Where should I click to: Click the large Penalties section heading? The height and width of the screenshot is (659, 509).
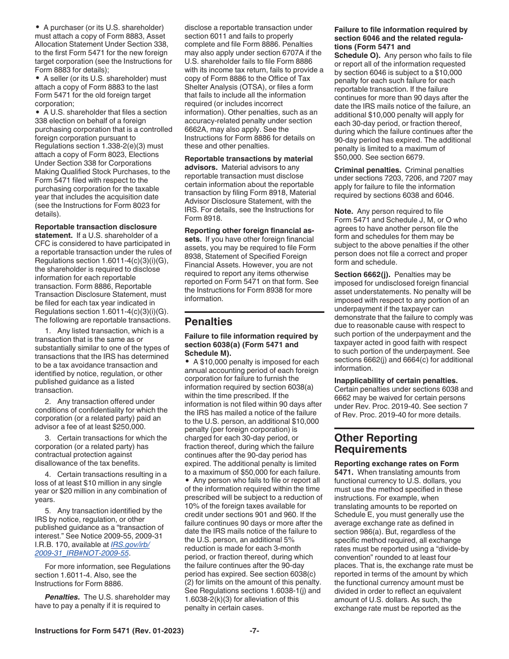tap(208, 321)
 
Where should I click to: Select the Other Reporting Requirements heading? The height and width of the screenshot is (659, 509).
tap(376, 443)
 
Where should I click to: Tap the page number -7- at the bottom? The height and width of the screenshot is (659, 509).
tap(254, 631)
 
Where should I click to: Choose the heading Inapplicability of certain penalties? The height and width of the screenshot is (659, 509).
tap(395, 380)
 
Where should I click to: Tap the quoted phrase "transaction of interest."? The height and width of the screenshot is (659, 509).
tap(134, 528)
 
